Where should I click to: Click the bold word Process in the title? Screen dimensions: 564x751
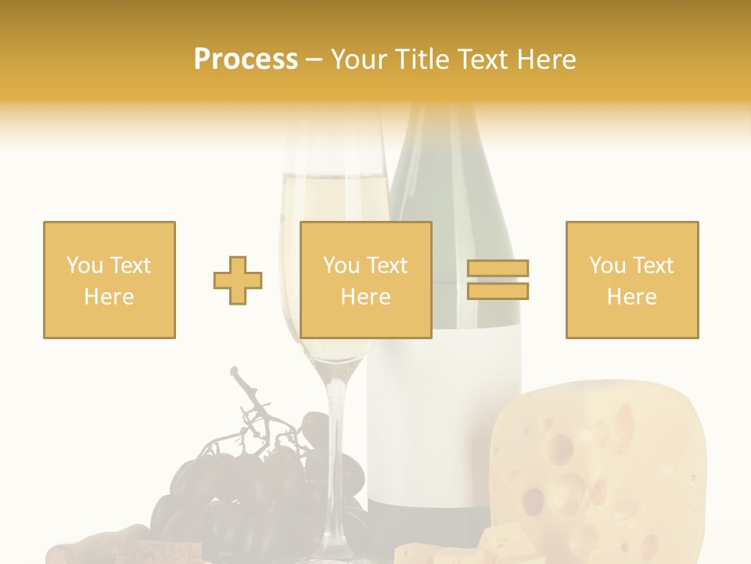pyautogui.click(x=246, y=60)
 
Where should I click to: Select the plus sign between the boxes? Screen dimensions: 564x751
pyautogui.click(x=238, y=280)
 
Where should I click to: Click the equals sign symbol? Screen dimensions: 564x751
pyautogui.click(x=498, y=280)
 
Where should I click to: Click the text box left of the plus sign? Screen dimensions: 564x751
pyautogui.click(x=110, y=280)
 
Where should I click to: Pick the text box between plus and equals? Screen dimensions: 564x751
pyautogui.click(x=365, y=280)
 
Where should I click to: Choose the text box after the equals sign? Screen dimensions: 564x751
pyautogui.click(x=631, y=280)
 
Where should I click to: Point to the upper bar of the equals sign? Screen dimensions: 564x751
pyautogui.click(x=498, y=269)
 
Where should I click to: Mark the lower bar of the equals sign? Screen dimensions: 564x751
pyautogui.click(x=498, y=291)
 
